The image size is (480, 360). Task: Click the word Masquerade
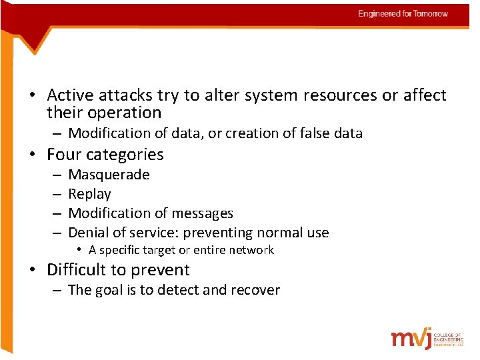[109, 175]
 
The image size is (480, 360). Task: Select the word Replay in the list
[89, 194]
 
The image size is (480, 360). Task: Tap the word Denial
[89, 233]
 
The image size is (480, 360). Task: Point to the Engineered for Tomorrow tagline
[403, 13]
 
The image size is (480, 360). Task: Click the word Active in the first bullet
[71, 95]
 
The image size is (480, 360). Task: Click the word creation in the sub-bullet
[253, 133]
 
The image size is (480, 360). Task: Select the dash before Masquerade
[56, 175]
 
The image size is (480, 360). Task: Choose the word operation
[123, 113]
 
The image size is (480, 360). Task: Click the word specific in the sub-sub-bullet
[119, 250]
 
